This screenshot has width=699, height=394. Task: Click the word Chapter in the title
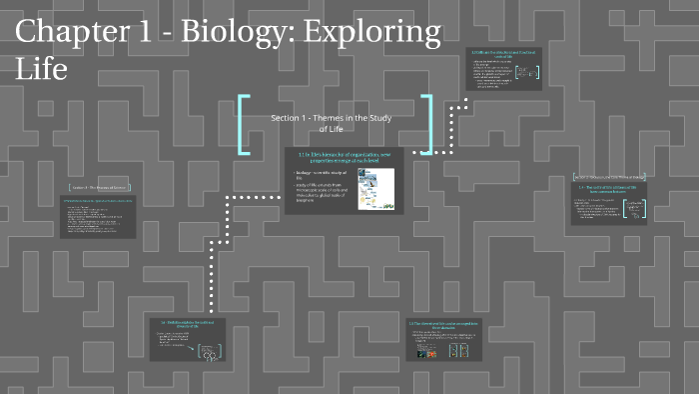pos(74,33)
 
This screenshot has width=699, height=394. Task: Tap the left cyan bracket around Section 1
pos(244,124)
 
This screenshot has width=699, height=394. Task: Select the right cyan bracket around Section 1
pos(426,124)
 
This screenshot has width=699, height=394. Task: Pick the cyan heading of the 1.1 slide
pos(344,157)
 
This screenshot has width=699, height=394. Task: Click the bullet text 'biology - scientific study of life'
pos(313,175)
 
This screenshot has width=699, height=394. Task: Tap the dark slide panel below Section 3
pos(98,217)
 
